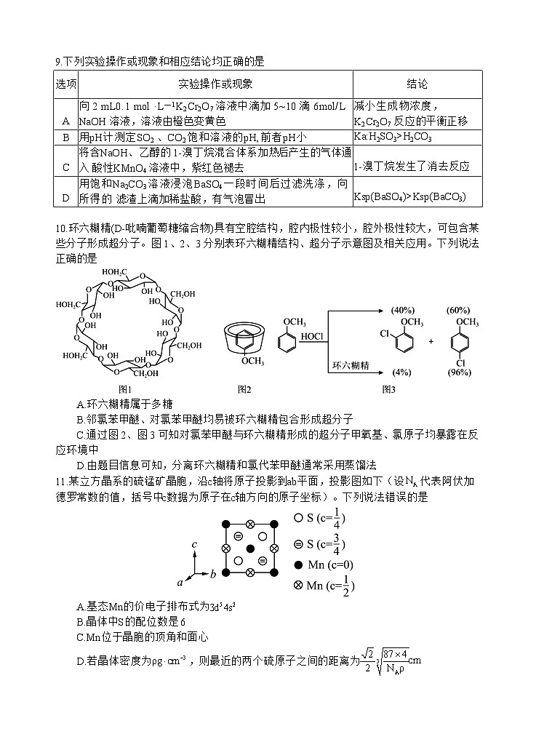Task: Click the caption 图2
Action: point(244,388)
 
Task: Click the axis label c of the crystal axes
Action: point(195,543)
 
